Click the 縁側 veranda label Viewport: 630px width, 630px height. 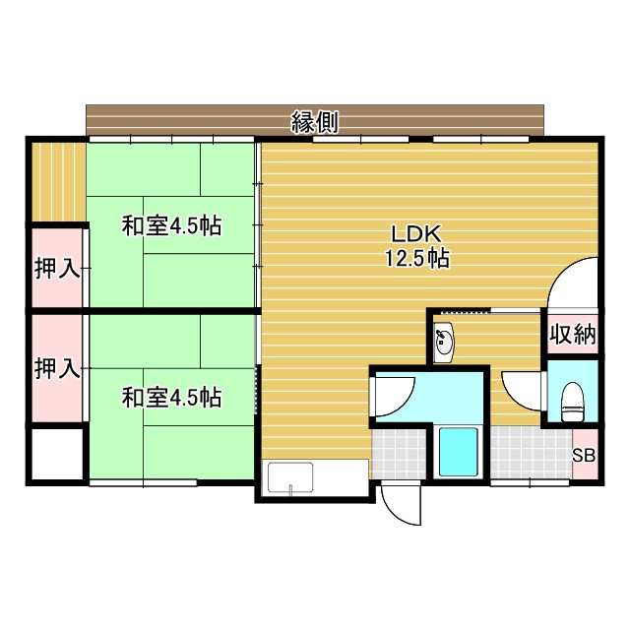tap(315, 122)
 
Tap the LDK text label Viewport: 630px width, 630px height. tap(419, 234)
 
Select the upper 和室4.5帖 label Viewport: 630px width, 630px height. tap(171, 225)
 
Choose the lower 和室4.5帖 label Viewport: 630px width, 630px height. tap(171, 398)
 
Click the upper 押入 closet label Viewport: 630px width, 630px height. tap(57, 269)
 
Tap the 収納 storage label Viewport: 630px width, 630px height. tap(572, 335)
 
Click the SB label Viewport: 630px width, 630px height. tap(584, 456)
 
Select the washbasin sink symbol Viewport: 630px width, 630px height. tap(445, 343)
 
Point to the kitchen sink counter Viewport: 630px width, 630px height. tap(315, 479)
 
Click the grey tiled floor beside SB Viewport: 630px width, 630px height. tap(529, 454)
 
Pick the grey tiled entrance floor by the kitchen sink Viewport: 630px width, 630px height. tap(400, 456)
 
